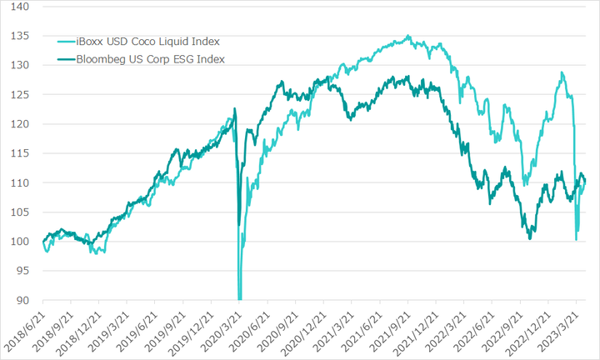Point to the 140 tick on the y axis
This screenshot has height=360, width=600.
point(20,7)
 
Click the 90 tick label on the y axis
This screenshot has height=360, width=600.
point(22,301)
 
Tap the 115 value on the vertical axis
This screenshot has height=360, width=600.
point(20,153)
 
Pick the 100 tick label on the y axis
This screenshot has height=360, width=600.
point(20,242)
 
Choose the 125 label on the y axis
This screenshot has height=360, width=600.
point(20,95)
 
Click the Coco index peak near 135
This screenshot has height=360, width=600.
point(407,36)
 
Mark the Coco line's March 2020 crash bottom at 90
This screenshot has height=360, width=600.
point(240,298)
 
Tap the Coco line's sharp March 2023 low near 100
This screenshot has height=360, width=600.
point(577,240)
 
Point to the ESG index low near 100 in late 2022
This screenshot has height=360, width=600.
point(529,239)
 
